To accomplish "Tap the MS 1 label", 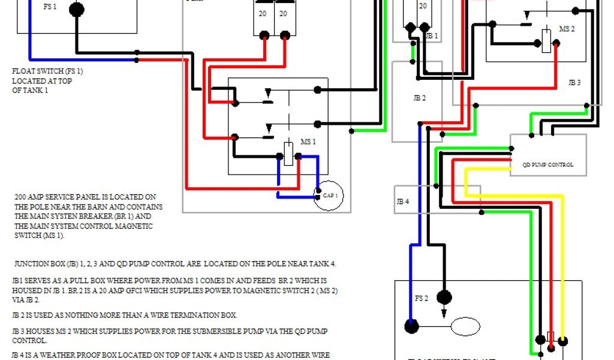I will (x=308, y=142).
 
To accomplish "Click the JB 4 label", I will (x=402, y=202).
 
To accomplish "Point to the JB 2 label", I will (x=419, y=98).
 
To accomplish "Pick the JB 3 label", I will (x=574, y=83).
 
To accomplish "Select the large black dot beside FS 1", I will (x=76, y=10).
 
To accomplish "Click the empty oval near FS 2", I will (x=465, y=328).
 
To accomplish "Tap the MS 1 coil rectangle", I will (x=288, y=153).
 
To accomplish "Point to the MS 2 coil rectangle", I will (x=546, y=41).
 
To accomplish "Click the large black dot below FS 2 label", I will (x=444, y=297).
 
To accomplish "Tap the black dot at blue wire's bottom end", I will (x=411, y=327).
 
